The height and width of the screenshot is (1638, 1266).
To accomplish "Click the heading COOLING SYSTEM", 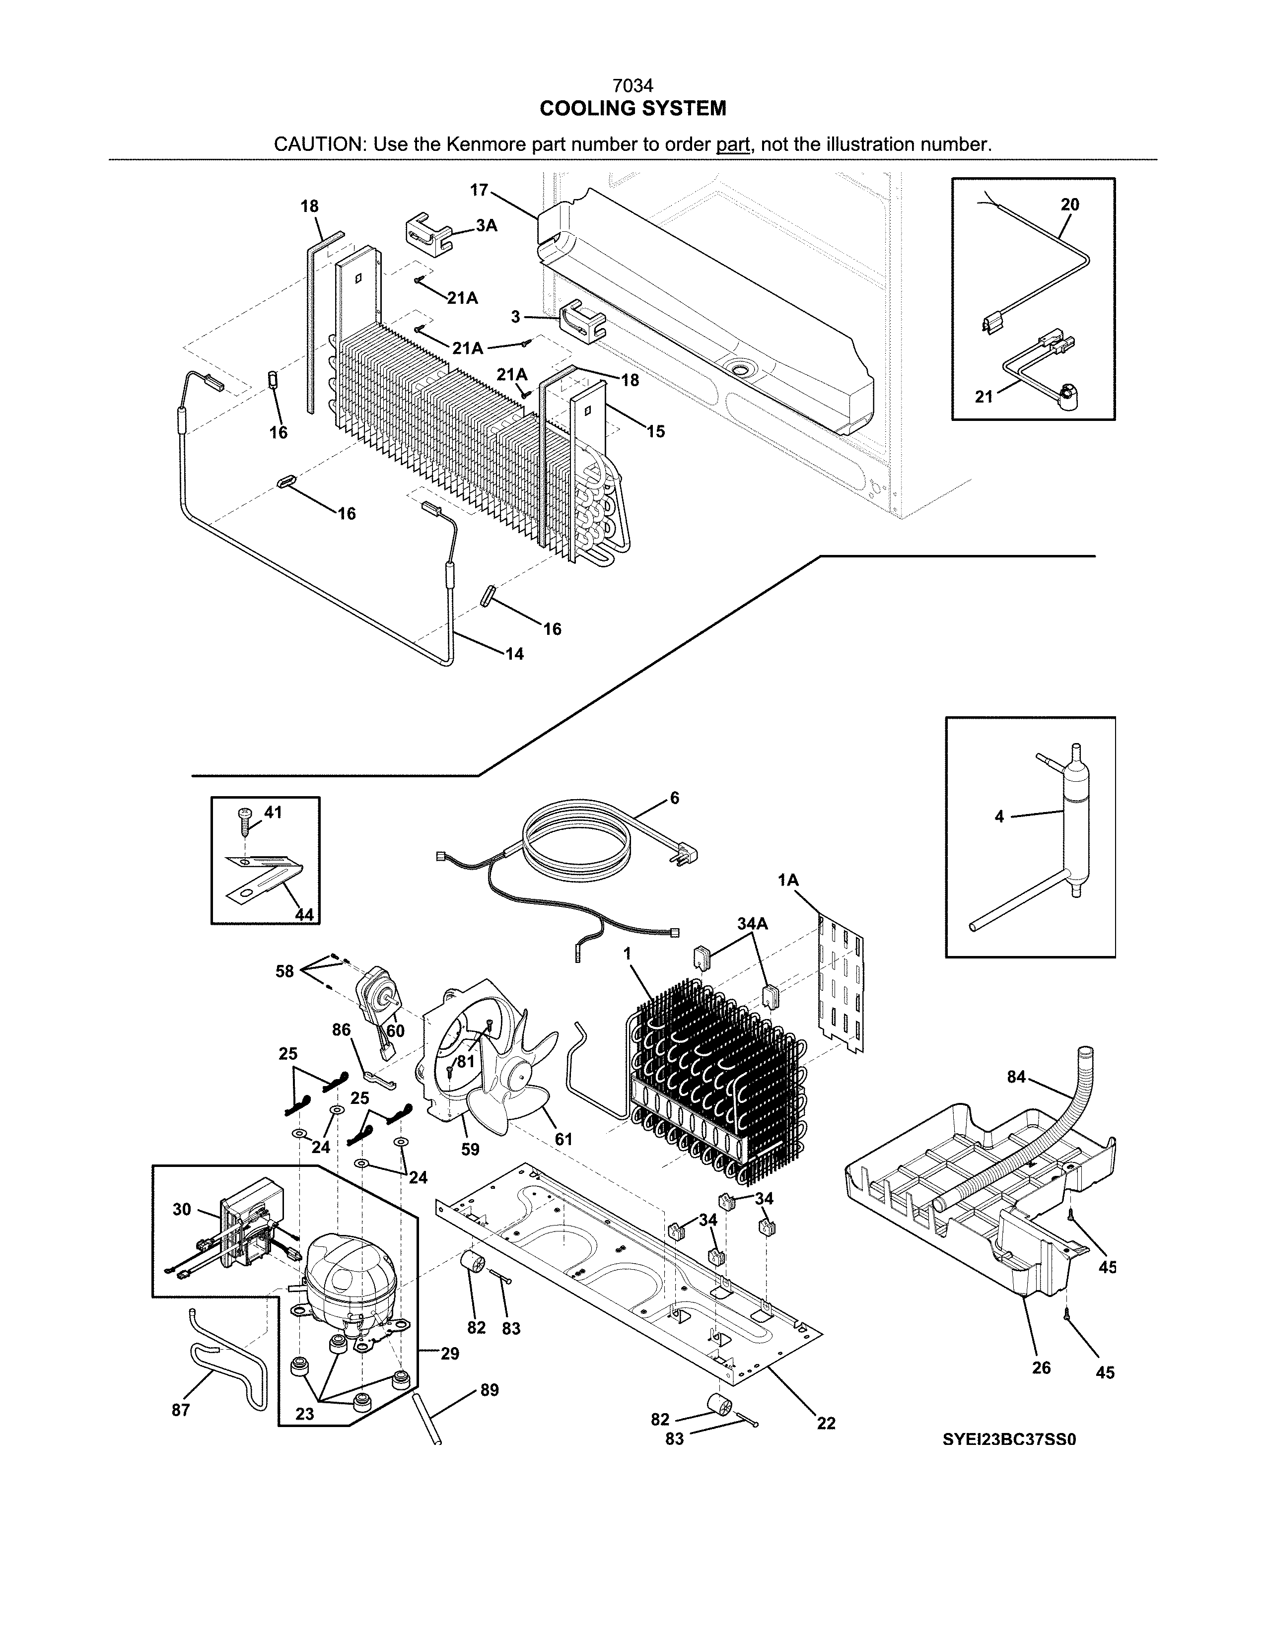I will [632, 109].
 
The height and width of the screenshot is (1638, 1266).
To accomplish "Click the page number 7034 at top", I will [632, 87].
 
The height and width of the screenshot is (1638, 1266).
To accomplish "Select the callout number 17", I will [479, 191].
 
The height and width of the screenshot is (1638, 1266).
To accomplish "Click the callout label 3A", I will [486, 225].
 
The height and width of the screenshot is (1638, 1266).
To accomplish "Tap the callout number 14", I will [514, 654].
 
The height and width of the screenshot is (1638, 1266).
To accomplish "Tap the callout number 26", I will [1041, 1367].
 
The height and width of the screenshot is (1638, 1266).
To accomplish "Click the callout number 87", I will [181, 1410].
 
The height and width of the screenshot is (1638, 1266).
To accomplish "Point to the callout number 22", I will [826, 1423].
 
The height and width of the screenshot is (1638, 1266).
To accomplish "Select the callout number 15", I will [655, 432].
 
